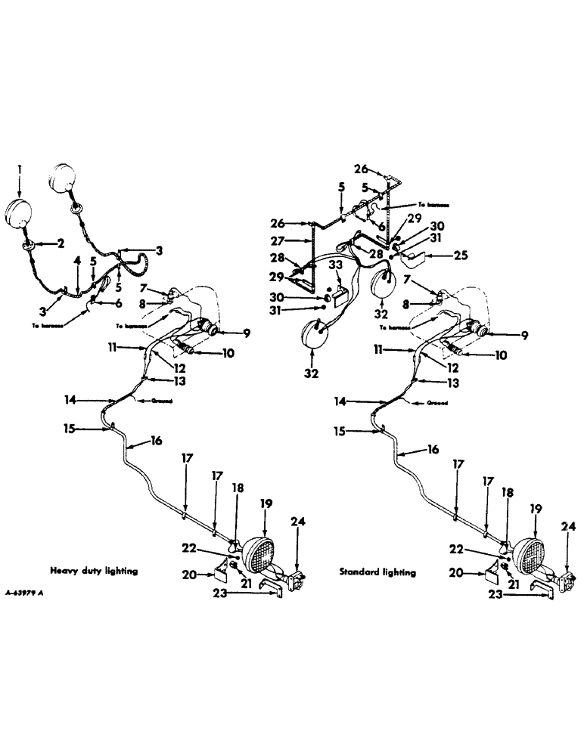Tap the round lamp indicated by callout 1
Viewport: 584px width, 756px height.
(x=20, y=211)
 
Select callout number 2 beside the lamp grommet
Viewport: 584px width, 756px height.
(x=57, y=243)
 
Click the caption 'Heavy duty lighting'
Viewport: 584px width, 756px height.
(x=94, y=572)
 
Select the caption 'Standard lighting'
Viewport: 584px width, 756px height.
(x=378, y=572)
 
